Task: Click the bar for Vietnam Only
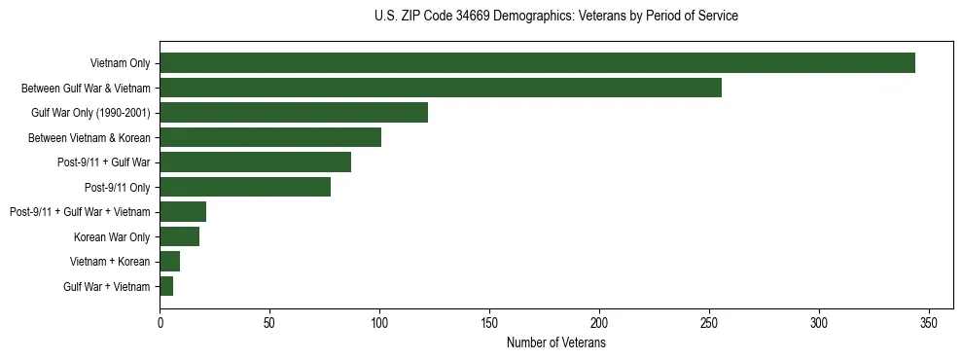(537, 63)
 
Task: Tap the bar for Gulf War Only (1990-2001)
(294, 113)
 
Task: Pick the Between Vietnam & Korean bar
(270, 137)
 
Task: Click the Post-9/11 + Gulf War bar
(255, 162)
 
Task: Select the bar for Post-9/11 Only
(245, 187)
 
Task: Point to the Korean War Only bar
(179, 236)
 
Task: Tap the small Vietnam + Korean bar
(169, 261)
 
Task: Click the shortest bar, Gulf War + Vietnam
(166, 286)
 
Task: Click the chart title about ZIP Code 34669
(555, 17)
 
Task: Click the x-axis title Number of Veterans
(555, 343)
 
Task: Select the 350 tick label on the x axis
(929, 323)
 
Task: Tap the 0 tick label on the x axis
(160, 323)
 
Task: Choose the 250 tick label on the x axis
(709, 323)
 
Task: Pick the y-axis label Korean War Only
(112, 236)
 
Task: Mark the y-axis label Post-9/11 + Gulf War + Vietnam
(80, 212)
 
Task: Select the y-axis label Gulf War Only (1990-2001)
(90, 113)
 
